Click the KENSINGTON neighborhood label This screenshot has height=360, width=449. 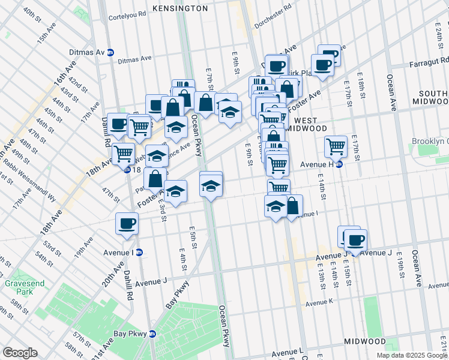[180, 8]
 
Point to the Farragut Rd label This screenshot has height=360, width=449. [427, 61]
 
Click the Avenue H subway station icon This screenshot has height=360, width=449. [339, 164]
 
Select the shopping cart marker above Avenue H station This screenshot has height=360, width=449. [336, 145]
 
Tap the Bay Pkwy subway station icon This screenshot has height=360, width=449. [152, 334]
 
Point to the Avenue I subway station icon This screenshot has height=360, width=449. [139, 252]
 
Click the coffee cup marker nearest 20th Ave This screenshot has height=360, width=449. [127, 223]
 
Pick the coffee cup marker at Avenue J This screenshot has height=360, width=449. [355, 240]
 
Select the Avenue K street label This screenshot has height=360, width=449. [318, 304]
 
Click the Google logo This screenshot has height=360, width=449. [20, 353]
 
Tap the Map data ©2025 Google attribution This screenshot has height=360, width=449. [412, 356]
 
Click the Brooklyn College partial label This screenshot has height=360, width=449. [430, 142]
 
